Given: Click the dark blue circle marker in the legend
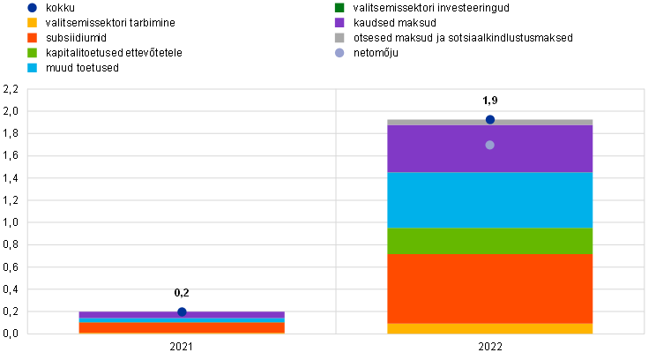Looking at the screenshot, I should (x=32, y=8).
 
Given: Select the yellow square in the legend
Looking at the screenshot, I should (x=32, y=23).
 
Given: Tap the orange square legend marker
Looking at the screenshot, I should (x=32, y=38).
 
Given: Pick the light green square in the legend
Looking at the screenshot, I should (x=32, y=53).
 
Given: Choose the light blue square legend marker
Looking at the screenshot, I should (x=32, y=67).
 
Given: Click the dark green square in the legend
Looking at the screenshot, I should (x=339, y=8).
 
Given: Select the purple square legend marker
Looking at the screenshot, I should (x=339, y=23).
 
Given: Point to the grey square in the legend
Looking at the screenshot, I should (x=339, y=38).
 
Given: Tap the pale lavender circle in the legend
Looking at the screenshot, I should (x=339, y=53).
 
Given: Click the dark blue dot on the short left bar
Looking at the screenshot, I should (x=182, y=311).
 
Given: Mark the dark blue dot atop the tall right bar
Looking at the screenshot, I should (x=490, y=119).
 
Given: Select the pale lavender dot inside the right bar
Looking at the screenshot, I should (x=489, y=145).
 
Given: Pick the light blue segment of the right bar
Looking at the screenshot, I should (x=490, y=199).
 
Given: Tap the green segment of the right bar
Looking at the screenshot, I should (x=490, y=241).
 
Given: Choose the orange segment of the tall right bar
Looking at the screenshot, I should (x=490, y=289).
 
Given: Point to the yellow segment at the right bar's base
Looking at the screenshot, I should (x=490, y=329).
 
